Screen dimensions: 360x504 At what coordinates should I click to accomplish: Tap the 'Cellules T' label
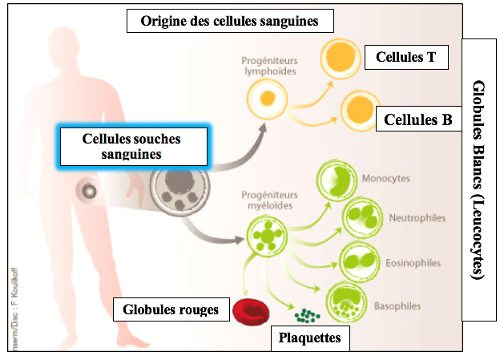(405, 56)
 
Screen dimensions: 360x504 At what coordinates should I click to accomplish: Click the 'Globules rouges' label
(171, 309)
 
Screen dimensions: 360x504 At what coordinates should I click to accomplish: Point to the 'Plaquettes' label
(309, 338)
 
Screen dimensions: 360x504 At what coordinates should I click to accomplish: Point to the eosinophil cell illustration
(360, 260)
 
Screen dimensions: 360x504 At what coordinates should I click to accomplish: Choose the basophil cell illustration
(347, 303)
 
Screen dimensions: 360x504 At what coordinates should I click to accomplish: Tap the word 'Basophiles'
(398, 306)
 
